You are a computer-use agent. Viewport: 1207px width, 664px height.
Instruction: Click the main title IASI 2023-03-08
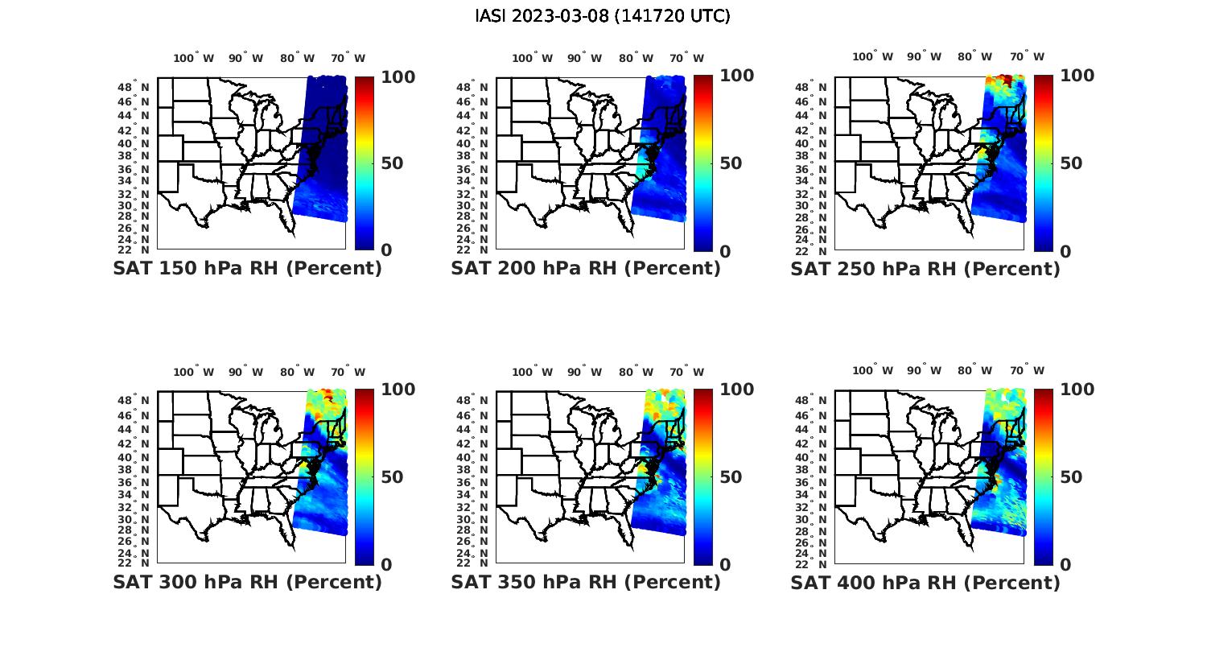coord(603,16)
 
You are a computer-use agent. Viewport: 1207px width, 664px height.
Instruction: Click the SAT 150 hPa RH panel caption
coord(247,268)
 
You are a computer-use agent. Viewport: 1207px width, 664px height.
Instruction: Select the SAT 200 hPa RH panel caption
coord(586,268)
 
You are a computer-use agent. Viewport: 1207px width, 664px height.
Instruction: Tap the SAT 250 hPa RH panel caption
coord(925,268)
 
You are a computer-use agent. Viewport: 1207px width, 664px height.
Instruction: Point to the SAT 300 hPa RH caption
coord(247,582)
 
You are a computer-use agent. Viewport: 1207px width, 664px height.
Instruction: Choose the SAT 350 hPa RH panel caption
coord(586,582)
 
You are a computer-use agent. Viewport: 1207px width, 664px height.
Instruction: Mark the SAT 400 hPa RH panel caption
coord(925,582)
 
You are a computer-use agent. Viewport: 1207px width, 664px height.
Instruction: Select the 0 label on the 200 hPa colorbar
coord(726,252)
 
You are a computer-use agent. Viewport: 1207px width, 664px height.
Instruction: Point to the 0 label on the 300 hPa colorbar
coord(386,565)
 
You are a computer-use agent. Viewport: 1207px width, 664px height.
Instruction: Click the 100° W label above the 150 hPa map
coord(194,58)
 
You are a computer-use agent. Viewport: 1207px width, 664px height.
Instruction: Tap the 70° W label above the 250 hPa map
coord(1027,56)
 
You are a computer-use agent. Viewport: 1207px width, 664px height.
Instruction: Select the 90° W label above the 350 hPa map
coord(584,372)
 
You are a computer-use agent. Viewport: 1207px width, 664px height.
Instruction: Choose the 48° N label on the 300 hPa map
coord(134,400)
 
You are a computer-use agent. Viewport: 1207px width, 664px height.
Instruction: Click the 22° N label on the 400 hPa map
coord(812,563)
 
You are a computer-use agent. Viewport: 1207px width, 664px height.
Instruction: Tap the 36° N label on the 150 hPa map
coord(134,169)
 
